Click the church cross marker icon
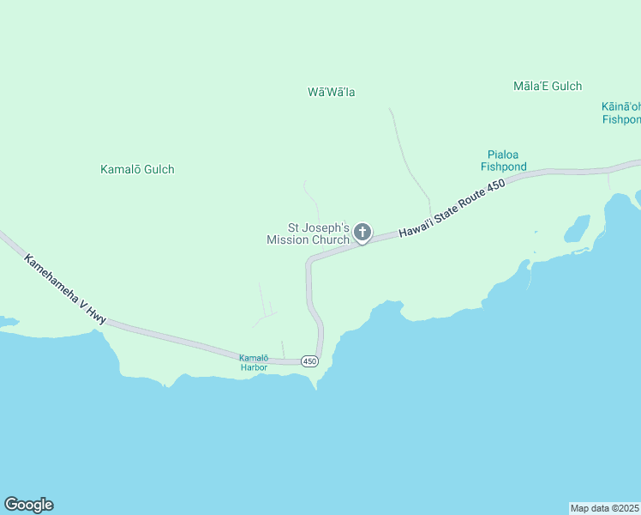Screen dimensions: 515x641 click(x=362, y=232)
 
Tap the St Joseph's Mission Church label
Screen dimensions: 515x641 click(x=308, y=234)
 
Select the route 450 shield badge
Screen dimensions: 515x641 click(x=310, y=361)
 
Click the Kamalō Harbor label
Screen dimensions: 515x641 click(x=254, y=362)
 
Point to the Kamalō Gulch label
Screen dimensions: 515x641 click(x=137, y=169)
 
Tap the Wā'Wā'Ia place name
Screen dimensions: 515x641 click(x=332, y=92)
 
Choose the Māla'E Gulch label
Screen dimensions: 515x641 click(x=548, y=86)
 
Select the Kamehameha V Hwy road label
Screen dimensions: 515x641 click(x=66, y=288)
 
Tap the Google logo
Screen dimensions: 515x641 click(x=28, y=505)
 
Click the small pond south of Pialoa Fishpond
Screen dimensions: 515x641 click(x=575, y=229)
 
